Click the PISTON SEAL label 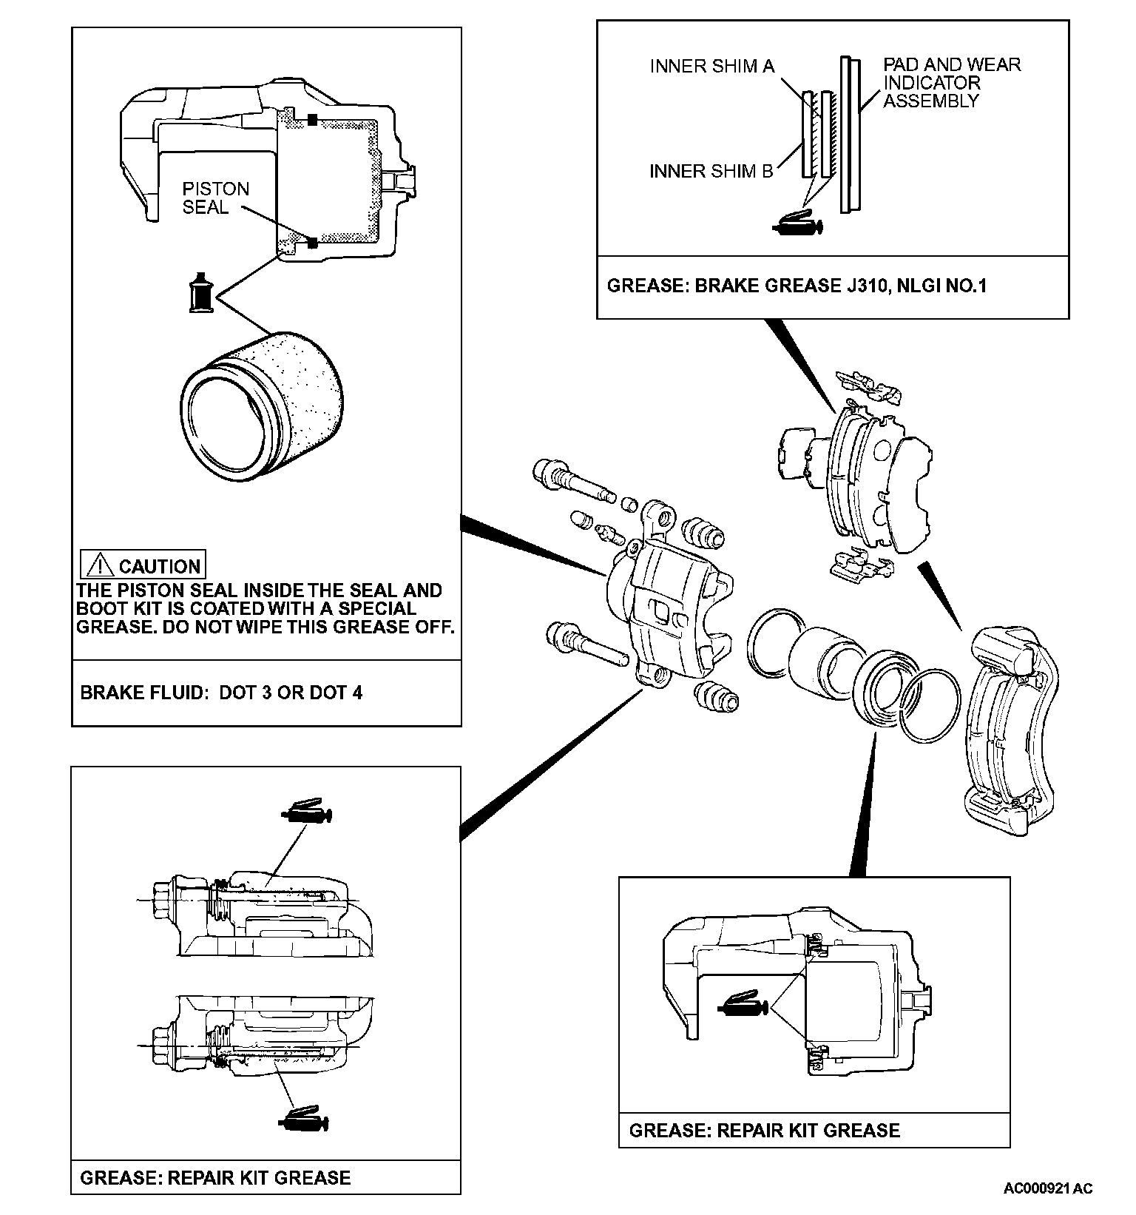tap(215, 198)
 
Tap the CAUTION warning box tap(143, 566)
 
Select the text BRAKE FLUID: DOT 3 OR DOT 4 tap(221, 693)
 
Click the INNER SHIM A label tap(711, 67)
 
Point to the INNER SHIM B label tap(711, 172)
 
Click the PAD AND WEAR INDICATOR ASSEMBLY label tap(951, 83)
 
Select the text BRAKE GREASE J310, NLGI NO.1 tap(840, 286)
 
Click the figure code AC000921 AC tap(1047, 1188)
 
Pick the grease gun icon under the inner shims tap(797, 223)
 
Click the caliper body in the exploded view tap(669, 607)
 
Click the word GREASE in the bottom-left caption tap(118, 1177)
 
